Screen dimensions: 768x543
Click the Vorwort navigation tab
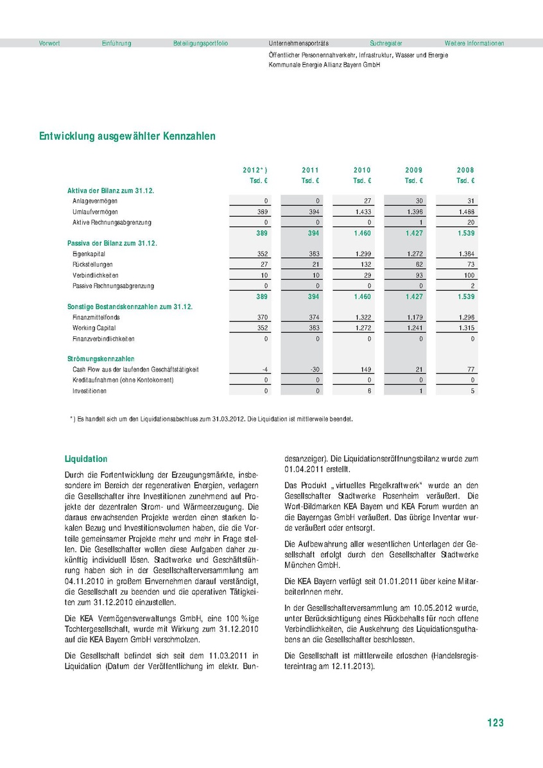(x=49, y=44)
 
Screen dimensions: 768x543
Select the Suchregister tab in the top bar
(x=385, y=44)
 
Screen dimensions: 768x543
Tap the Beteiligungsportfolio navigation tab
(x=200, y=44)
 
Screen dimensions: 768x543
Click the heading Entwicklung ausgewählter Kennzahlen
(x=127, y=137)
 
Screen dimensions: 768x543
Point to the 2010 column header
(x=362, y=170)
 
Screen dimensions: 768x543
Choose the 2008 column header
(x=465, y=170)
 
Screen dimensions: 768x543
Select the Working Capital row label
(x=93, y=328)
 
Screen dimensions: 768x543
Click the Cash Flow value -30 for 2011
(x=313, y=370)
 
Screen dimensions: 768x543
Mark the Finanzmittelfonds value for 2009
(x=414, y=318)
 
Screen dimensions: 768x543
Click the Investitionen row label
(x=89, y=391)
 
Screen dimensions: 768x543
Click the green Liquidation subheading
(x=86, y=459)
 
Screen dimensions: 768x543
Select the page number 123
(x=495, y=723)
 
